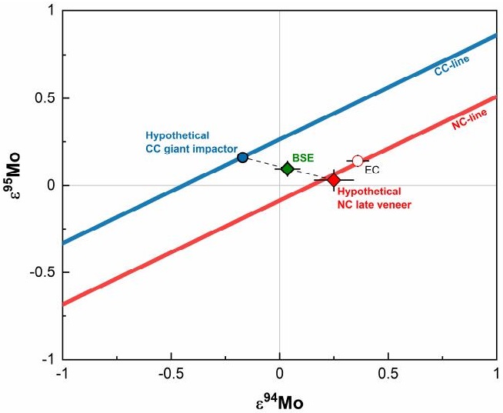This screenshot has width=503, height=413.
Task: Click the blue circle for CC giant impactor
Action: point(242,157)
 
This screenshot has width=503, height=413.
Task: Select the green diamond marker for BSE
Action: point(287,168)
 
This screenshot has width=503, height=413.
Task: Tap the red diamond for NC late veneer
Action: point(333,180)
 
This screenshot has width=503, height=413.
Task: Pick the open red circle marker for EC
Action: point(358,161)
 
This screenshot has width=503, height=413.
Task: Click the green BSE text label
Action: point(302,156)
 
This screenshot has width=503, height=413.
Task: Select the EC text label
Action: point(372,169)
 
